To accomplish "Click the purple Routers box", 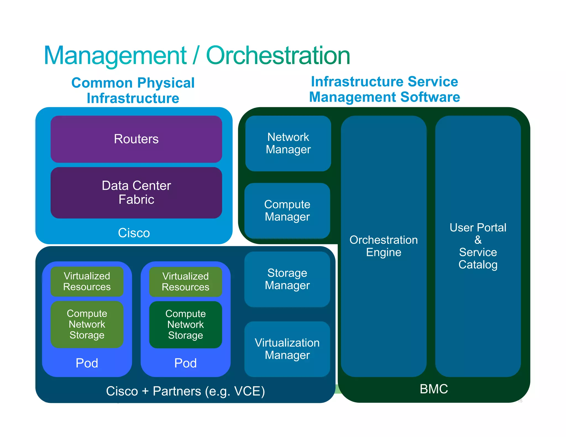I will point(136,139).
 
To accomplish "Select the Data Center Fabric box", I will point(136,193).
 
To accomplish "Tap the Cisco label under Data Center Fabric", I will point(134,233).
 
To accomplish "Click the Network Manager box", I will point(288,143).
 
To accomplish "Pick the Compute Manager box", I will point(287,210).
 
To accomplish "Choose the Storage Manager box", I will point(287,279).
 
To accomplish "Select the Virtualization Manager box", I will point(287,349).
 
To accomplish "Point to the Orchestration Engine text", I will point(384,246).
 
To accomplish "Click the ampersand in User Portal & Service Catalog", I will point(478,240).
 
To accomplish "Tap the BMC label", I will point(434,389).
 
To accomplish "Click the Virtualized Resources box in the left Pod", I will point(87,281).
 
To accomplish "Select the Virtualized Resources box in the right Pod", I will point(185,281).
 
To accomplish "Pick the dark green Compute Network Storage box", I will point(185,324).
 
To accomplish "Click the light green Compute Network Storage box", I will point(87,324).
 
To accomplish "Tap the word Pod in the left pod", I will point(87,363).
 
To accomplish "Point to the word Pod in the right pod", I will point(185,363).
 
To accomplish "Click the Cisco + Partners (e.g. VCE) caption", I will point(185,391).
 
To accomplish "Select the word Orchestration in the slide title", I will point(278,56).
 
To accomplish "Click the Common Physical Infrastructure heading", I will point(133,90).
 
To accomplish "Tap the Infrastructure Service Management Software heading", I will point(384,89).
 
